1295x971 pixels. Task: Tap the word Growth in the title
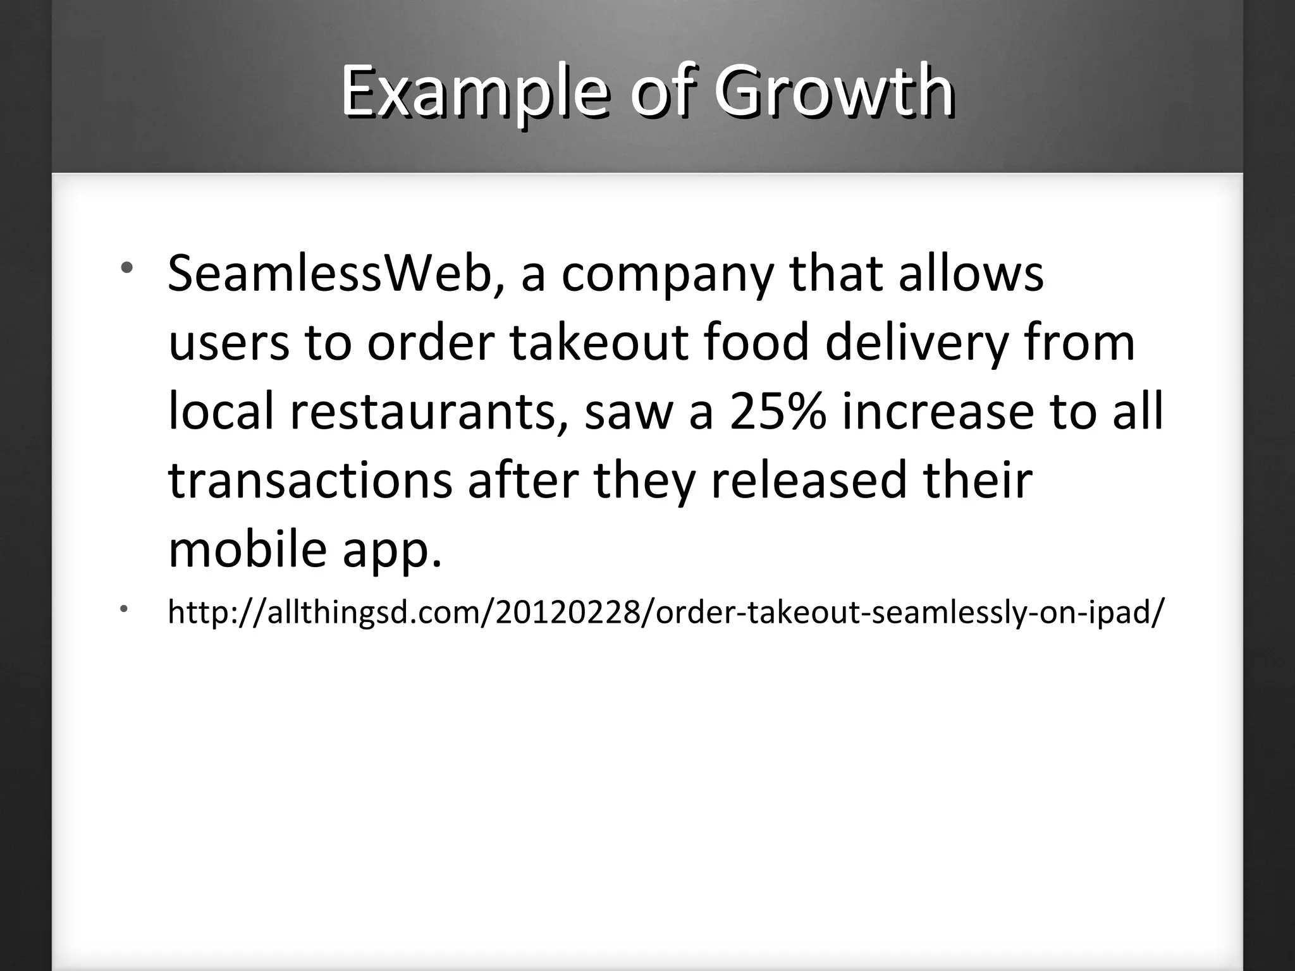pos(834,93)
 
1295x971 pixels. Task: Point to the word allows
pos(971,275)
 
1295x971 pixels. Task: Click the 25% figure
pos(777,412)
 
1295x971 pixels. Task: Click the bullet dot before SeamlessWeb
pos(127,267)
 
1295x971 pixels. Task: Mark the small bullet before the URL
pos(125,609)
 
